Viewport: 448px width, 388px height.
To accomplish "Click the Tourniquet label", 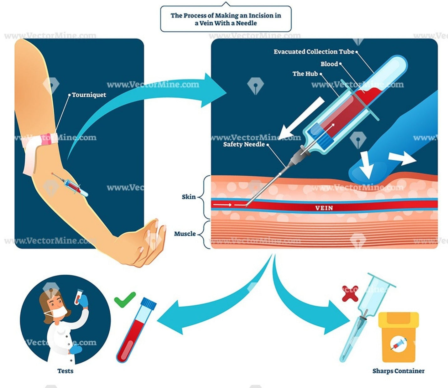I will [x=89, y=95].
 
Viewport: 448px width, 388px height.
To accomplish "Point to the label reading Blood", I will [x=329, y=64].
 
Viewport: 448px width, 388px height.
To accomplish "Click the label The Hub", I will [x=305, y=74].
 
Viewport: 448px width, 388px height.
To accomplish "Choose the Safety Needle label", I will [x=244, y=144].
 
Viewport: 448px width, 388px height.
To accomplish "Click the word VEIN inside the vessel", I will [x=324, y=208].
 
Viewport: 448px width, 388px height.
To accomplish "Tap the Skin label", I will [x=189, y=197].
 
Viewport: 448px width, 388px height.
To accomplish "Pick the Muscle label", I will [x=185, y=234].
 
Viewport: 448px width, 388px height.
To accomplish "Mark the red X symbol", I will [x=350, y=293].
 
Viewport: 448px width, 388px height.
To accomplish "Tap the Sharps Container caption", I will [x=398, y=371].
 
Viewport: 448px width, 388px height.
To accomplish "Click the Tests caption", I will [x=65, y=371].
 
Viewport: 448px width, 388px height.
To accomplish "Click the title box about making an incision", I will [x=226, y=19].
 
